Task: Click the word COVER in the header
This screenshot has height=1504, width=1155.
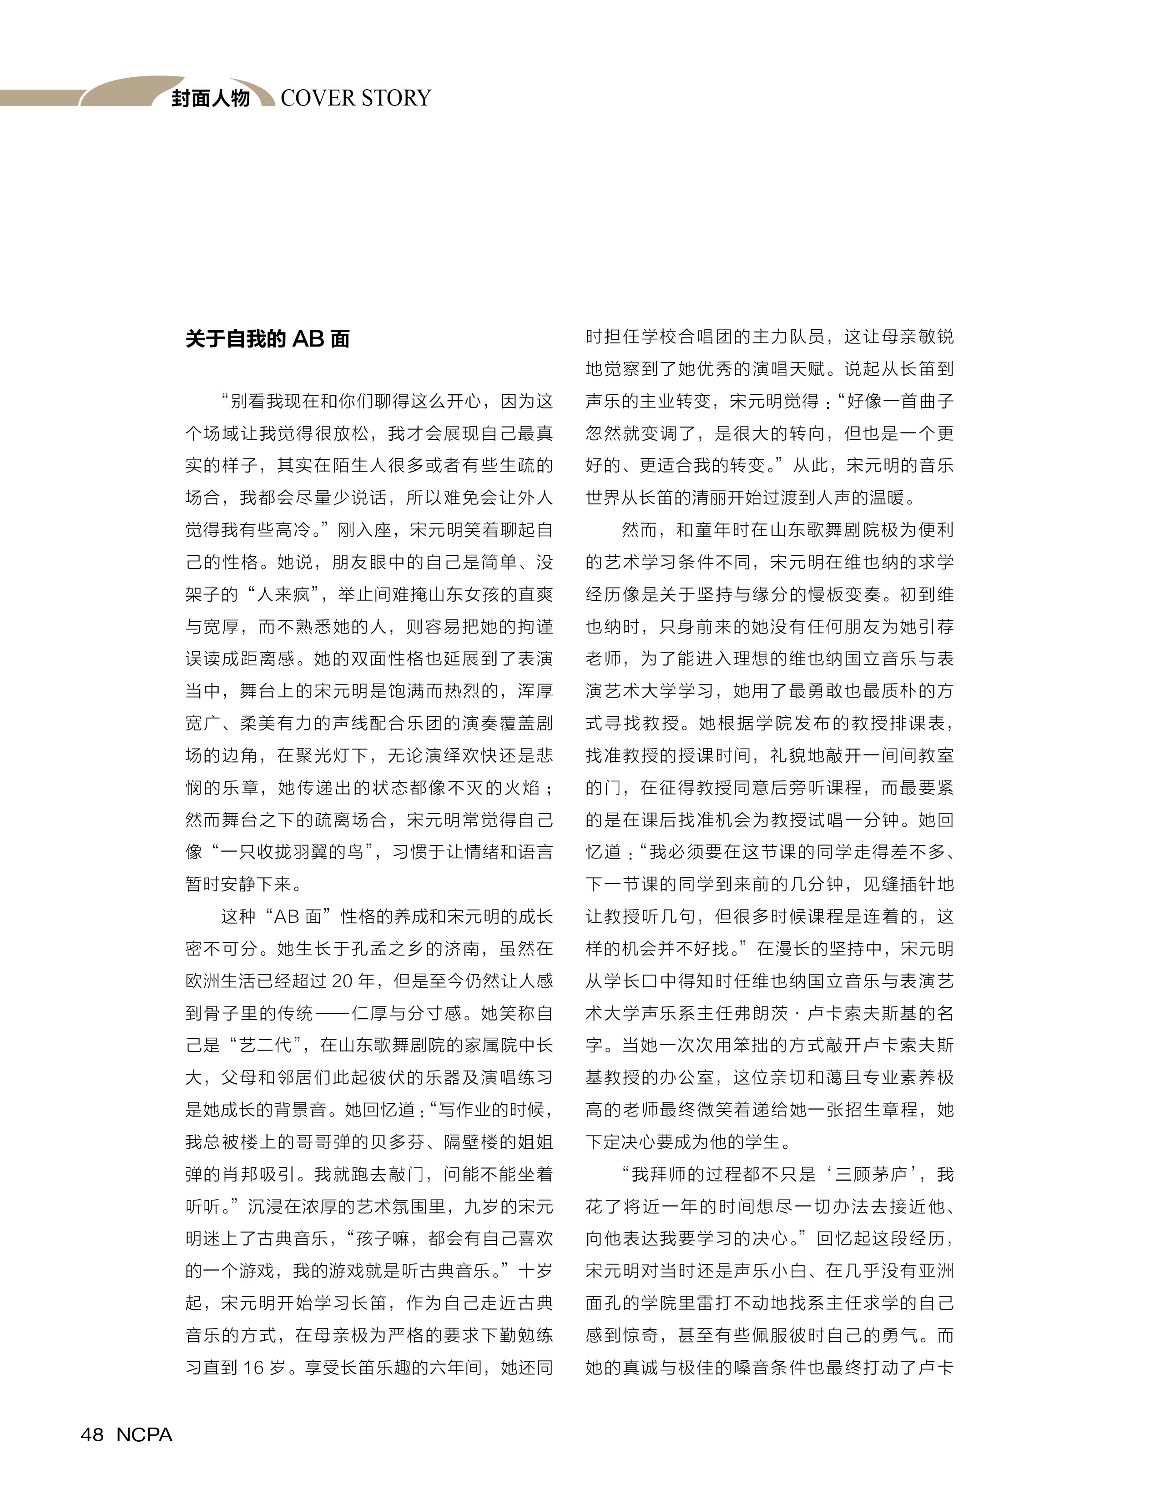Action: click(x=316, y=98)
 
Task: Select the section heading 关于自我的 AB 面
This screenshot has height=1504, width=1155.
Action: click(x=267, y=339)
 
